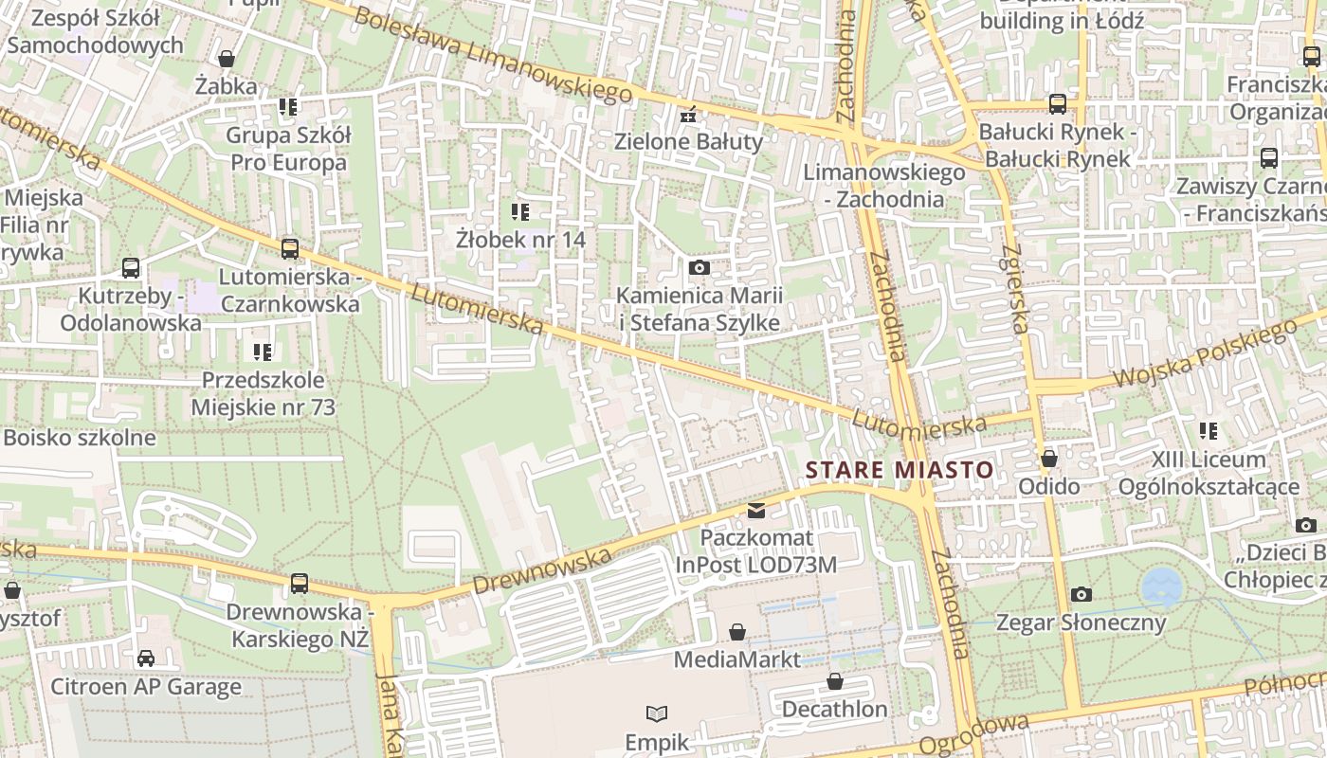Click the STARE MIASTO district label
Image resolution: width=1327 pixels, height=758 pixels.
click(899, 470)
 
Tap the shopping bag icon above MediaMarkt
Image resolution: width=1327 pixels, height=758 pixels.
click(737, 632)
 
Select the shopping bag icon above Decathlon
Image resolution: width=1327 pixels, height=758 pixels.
click(835, 681)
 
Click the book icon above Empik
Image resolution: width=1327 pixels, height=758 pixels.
click(657, 713)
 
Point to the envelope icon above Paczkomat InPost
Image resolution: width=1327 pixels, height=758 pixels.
click(756, 511)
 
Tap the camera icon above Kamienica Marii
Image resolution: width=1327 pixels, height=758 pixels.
click(700, 268)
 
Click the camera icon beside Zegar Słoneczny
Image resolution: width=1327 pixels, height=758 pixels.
click(1082, 594)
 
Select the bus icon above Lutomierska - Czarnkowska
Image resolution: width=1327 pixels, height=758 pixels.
click(290, 249)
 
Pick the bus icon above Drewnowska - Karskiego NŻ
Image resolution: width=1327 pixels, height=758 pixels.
click(300, 584)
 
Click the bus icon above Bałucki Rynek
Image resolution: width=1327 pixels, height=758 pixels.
click(1058, 104)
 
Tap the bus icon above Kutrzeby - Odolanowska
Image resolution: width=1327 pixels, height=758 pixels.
click(131, 268)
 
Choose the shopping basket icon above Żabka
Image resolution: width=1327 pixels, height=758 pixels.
click(227, 59)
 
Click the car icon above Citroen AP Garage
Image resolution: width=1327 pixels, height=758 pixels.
click(146, 659)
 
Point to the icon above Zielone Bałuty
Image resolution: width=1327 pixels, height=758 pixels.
click(689, 116)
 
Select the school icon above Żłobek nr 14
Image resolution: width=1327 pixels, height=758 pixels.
click(520, 211)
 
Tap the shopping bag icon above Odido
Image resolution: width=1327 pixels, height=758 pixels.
click(1049, 460)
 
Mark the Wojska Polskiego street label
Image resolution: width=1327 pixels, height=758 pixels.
click(1204, 353)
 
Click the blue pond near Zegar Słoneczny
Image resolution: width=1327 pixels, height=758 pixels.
click(1161, 587)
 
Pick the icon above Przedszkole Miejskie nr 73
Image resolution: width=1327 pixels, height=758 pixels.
click(263, 352)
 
